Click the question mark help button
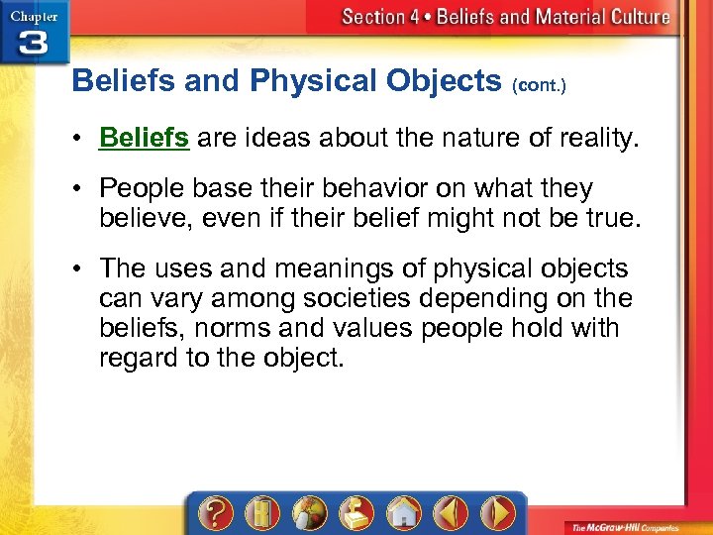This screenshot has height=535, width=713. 216,512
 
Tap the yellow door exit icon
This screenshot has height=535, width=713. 260,512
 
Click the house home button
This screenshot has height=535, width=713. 401,512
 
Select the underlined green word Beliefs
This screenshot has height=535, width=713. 144,138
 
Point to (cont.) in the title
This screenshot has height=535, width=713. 539,86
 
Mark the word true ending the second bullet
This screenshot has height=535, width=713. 606,218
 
